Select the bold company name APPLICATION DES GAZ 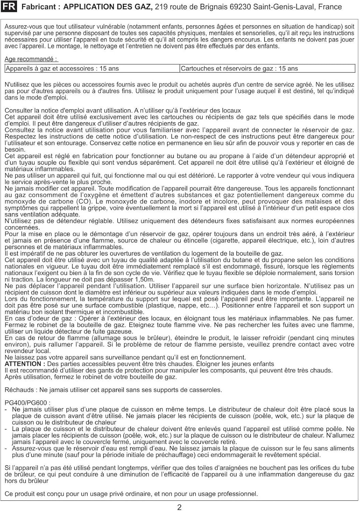[x=108, y=7]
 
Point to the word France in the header [x=330, y=7]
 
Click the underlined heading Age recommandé [x=31, y=59]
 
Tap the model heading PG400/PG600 [x=27, y=403]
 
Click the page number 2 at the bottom [x=179, y=507]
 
